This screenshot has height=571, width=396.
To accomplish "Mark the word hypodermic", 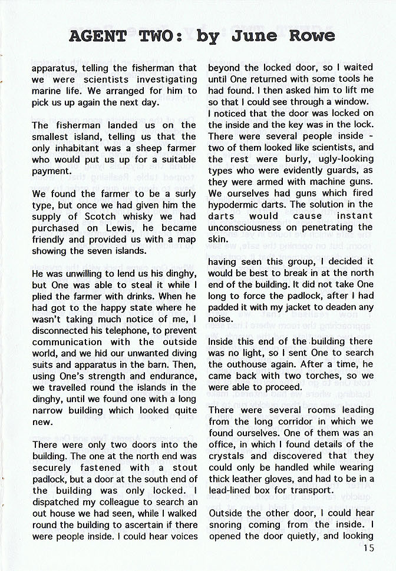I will tap(238, 204).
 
